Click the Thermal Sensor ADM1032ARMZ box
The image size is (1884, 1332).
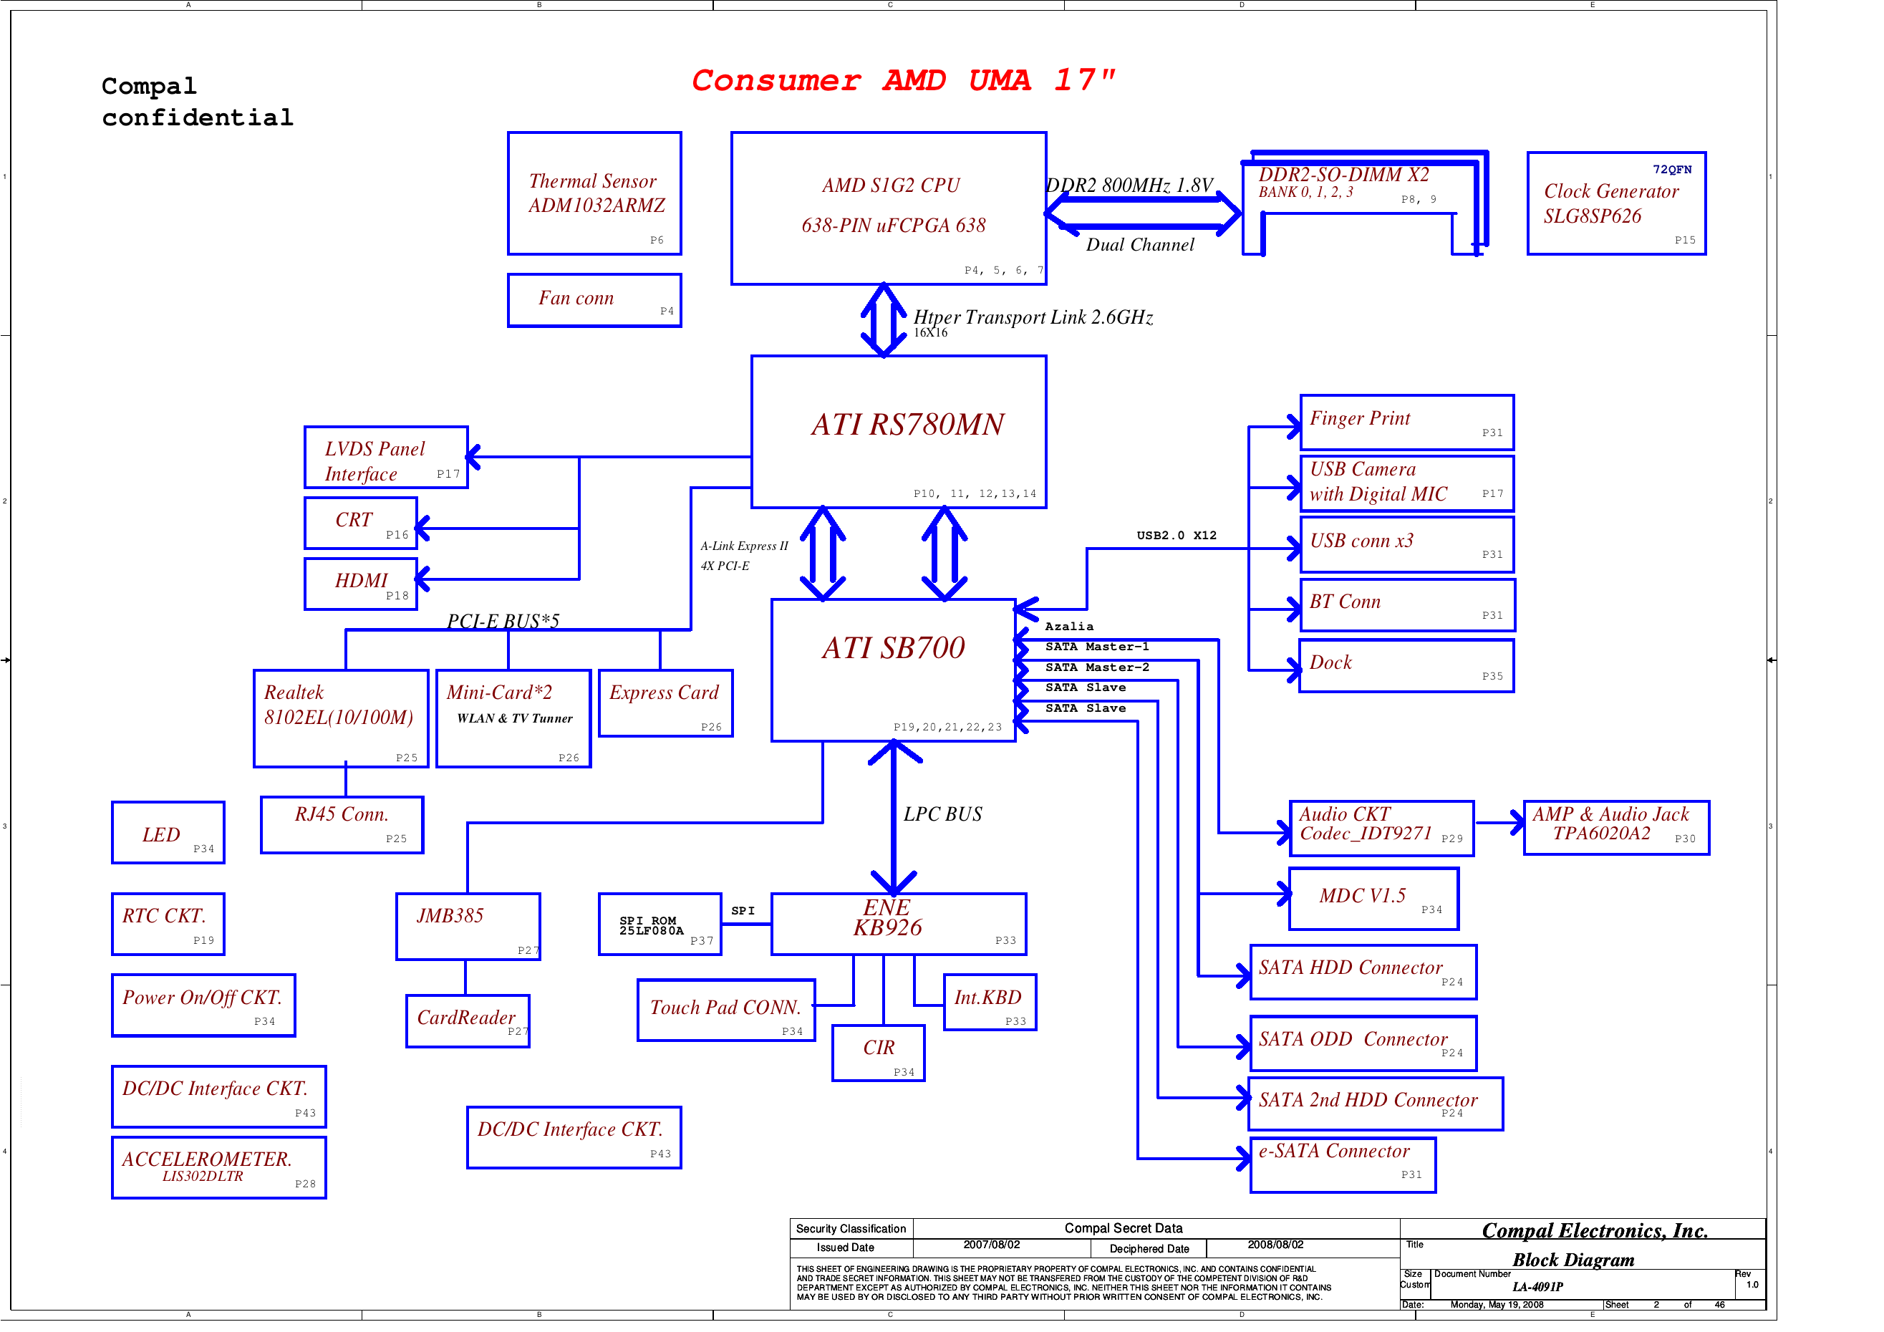point(594,193)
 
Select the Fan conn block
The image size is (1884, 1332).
point(594,300)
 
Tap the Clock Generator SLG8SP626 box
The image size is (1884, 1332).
point(1615,203)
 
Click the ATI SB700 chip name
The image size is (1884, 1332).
point(894,648)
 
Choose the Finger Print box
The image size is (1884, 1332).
point(1406,422)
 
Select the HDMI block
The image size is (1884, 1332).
point(361,584)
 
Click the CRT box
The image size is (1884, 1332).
point(361,523)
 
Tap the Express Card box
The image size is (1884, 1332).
point(665,703)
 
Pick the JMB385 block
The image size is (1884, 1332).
point(468,926)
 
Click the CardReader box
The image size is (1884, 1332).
point(468,1020)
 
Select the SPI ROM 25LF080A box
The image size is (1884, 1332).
point(660,924)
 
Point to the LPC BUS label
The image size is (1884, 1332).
point(943,814)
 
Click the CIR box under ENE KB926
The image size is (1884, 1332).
point(878,1052)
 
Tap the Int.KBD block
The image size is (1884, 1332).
point(990,1001)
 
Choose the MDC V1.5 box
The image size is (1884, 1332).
point(1373,899)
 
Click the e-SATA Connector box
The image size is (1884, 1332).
point(1343,1164)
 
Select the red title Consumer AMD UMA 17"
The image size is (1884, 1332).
point(902,80)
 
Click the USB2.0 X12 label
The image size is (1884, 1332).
point(1176,536)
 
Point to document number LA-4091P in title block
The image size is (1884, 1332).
point(1537,1287)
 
